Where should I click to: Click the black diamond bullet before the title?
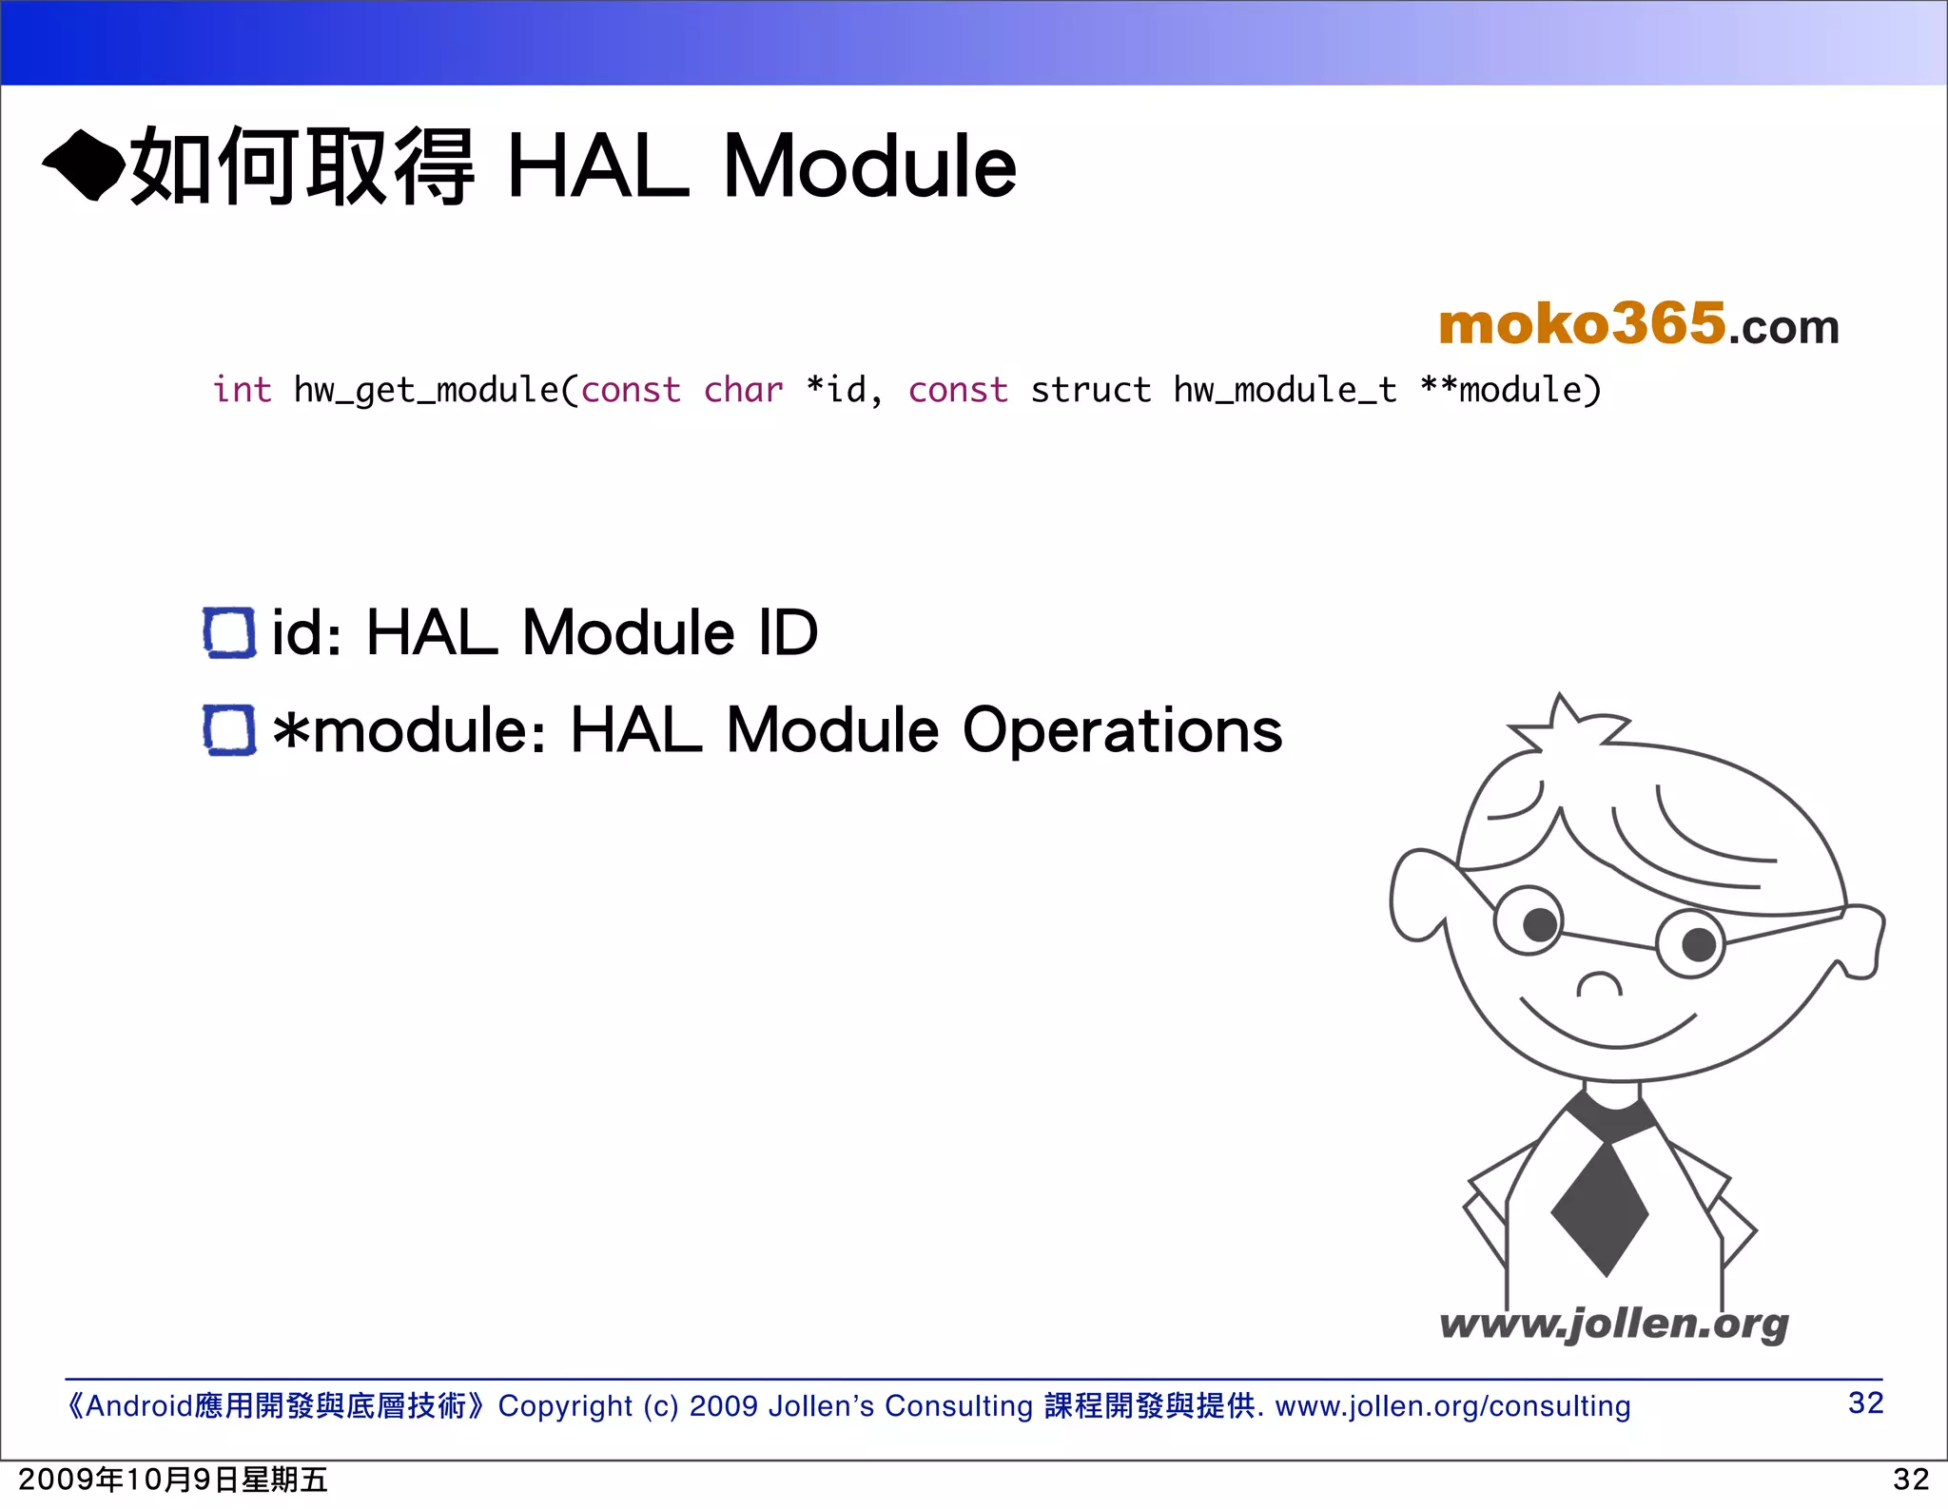tap(84, 167)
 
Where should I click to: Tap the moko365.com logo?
tap(1638, 325)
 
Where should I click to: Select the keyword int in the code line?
tap(242, 390)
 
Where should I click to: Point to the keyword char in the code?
tap(743, 390)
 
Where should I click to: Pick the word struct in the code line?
tap(1090, 390)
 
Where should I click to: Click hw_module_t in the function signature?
tap(1285, 391)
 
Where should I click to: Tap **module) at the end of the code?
tap(1510, 390)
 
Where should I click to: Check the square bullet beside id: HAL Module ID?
tap(229, 633)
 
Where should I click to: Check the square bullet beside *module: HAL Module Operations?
tap(229, 730)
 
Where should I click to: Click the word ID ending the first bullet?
tap(789, 632)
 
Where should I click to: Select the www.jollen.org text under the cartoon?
tap(1614, 1324)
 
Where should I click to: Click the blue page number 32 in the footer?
tap(1865, 1403)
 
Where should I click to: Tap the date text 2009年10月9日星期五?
tap(173, 1480)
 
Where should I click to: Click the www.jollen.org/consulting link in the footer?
tap(1452, 1406)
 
